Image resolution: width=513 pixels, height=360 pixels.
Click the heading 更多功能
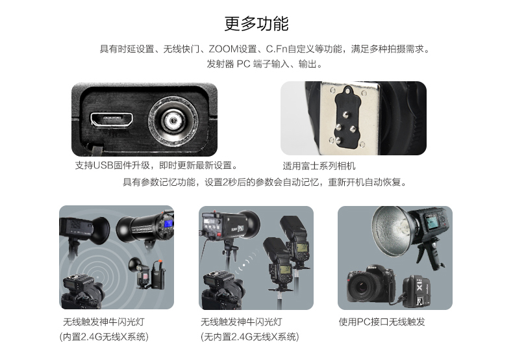256,23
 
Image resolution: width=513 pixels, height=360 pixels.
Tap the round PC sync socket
173,122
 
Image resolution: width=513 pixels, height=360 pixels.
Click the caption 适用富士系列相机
319,166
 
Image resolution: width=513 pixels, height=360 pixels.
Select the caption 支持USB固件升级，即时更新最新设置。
156,165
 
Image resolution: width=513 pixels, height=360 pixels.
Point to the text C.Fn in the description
277,49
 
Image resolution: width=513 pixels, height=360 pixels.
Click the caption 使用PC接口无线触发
382,322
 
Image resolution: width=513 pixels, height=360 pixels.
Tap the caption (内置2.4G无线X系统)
104,337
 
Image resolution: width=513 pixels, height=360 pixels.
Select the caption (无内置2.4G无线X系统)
249,337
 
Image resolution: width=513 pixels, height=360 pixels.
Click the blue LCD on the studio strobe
168,224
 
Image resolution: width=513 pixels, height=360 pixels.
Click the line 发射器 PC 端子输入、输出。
265,64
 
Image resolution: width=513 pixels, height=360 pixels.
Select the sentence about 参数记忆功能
265,182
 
